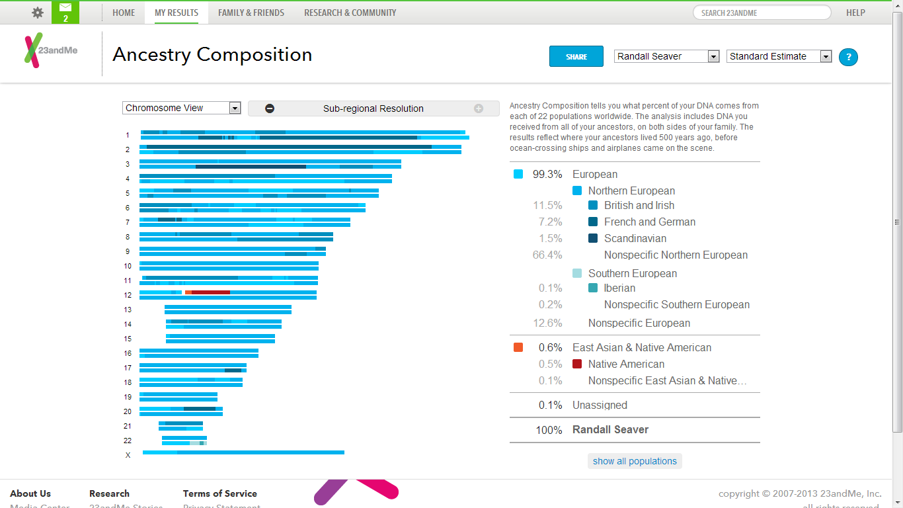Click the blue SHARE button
576,56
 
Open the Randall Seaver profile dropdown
666,57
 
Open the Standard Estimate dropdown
779,57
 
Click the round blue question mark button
848,57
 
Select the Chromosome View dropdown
181,108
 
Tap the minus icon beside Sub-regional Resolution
270,108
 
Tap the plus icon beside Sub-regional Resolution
479,108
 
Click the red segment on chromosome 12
210,292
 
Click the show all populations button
635,461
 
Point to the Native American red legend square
577,364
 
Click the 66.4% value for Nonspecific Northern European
547,255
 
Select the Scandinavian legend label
635,238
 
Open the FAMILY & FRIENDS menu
251,13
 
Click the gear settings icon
38,13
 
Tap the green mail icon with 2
65,12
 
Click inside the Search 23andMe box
762,13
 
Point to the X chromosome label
128,455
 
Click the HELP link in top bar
855,13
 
